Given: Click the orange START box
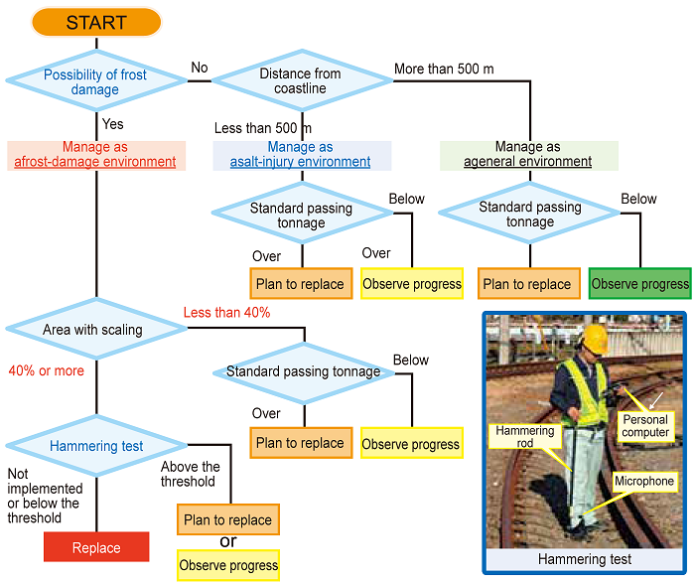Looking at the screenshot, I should pos(96,22).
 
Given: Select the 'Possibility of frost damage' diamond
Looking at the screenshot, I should pos(95,81).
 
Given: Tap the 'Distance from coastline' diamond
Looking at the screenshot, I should pos(301,81).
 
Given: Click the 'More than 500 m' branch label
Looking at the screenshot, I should pos(444,70).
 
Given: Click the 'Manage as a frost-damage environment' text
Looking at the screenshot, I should pos(95,155).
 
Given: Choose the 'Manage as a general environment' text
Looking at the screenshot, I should pos(528,155).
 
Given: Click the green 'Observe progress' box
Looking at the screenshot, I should pos(639,284).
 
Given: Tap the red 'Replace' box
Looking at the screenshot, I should pos(96,547).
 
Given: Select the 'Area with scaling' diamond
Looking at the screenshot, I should pos(93,330).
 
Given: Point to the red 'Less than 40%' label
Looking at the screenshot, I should pos(226,313).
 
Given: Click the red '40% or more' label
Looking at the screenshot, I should pos(46,370).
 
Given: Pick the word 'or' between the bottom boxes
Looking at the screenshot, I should pos(228,541).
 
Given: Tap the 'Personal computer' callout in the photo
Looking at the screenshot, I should pos(645,426).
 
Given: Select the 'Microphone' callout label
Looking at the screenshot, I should pos(644,482).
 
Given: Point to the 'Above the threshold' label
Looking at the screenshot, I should pos(191,474).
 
